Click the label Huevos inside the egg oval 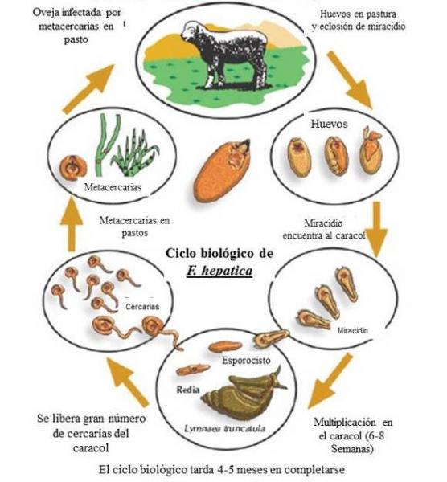(329, 124)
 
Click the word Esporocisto (246, 360)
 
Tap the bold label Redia (188, 390)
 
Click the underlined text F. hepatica (219, 271)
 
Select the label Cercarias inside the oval (142, 307)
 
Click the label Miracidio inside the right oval (353, 330)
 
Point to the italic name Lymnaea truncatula (224, 428)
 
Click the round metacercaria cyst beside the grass (73, 168)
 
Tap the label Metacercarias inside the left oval (113, 187)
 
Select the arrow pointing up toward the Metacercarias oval (72, 224)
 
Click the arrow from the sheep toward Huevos (349, 80)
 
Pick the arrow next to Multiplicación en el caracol (329, 381)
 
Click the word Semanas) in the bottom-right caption (352, 449)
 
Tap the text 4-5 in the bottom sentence (225, 469)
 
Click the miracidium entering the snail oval (271, 337)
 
